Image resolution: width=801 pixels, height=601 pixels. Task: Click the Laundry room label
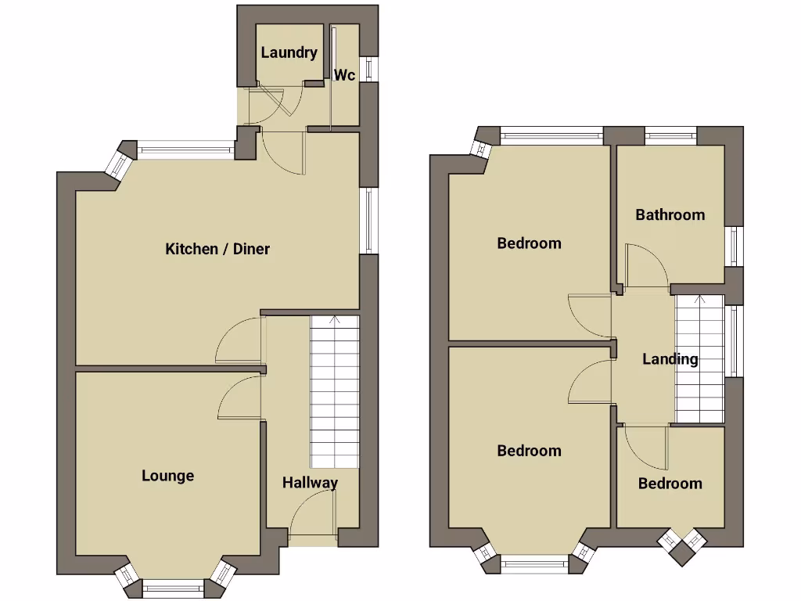(289, 53)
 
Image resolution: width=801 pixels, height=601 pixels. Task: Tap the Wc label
(345, 75)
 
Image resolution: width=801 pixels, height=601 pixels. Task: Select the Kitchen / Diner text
(217, 249)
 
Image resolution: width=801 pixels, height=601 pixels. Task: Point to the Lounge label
(167, 475)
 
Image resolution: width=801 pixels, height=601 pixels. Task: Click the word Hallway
(310, 482)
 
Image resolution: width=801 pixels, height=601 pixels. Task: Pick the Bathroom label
(670, 214)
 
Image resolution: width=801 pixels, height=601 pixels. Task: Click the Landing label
(670, 359)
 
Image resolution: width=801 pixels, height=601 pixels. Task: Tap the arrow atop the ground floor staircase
(335, 319)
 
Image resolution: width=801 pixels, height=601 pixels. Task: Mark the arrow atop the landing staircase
(698, 300)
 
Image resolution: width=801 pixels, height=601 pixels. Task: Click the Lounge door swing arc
(236, 395)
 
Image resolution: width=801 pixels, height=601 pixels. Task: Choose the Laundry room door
(274, 100)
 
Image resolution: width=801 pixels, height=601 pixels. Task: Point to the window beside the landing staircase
(734, 341)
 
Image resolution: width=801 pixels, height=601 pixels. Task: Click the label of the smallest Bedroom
(670, 483)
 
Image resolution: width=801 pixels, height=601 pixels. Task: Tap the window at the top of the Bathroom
(670, 133)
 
